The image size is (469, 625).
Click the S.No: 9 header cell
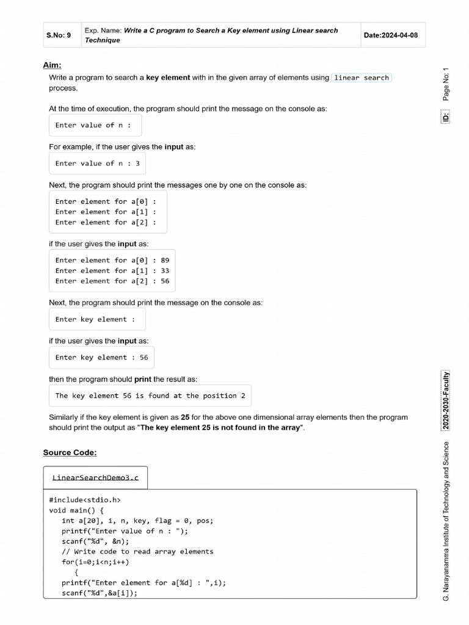[x=59, y=35]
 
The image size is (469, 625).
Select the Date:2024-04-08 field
[x=391, y=35]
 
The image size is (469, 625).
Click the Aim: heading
[x=52, y=65]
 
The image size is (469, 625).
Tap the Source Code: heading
[x=70, y=452]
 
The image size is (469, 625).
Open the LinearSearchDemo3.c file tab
[x=95, y=477]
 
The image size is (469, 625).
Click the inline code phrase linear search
[x=361, y=78]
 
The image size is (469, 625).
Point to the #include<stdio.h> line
[x=85, y=499]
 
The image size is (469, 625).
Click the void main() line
[x=76, y=510]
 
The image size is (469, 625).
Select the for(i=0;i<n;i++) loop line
[x=95, y=562]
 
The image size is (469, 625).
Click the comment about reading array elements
[x=137, y=551]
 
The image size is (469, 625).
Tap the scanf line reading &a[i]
[x=99, y=593]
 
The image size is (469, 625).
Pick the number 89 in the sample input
[x=165, y=260]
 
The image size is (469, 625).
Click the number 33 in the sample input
[x=165, y=270]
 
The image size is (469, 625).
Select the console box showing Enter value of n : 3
[x=97, y=164]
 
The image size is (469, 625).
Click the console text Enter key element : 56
[x=101, y=358]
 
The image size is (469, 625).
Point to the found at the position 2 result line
[x=150, y=396]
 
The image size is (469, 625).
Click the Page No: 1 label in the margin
[x=446, y=84]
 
